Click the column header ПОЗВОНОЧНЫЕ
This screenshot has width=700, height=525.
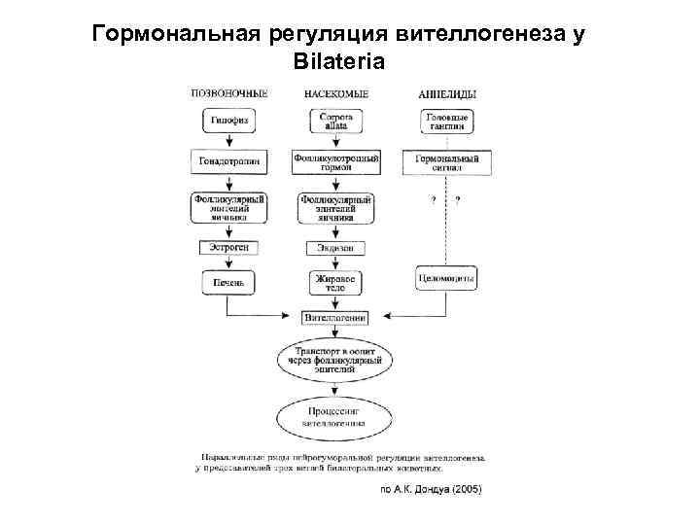[228, 94]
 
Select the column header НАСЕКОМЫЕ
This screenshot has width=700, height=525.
[335, 94]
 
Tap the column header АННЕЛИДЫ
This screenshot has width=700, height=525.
[447, 94]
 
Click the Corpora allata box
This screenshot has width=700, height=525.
[335, 122]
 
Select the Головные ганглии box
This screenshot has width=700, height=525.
[447, 122]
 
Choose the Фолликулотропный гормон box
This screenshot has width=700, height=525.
[335, 160]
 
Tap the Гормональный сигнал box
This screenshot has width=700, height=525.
[447, 160]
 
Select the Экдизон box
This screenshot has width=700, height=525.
[335, 248]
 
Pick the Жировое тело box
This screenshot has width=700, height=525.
[335, 282]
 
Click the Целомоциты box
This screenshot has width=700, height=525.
[447, 278]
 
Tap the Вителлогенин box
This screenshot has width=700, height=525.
[335, 317]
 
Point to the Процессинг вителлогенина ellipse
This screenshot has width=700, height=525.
[335, 418]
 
